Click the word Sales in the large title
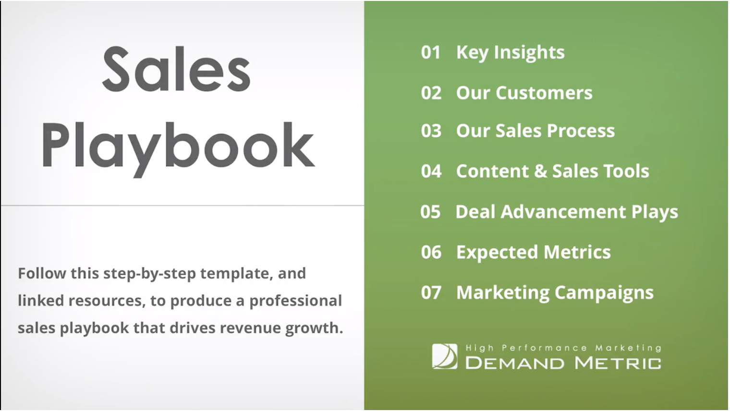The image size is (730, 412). (x=176, y=69)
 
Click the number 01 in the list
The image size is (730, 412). (x=430, y=52)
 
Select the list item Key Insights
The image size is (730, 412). (x=511, y=53)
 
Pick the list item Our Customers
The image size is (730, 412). (x=524, y=93)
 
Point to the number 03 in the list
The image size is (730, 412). (x=431, y=131)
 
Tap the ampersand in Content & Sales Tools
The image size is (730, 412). (x=541, y=171)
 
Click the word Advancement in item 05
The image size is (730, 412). (x=563, y=212)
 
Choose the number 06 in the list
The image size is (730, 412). (x=431, y=252)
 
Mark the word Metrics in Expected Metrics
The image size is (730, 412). (x=577, y=252)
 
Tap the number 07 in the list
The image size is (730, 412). (x=431, y=292)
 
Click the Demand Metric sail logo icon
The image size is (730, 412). (x=445, y=356)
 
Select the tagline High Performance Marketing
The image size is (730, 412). (x=563, y=348)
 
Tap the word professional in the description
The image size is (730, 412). (x=295, y=301)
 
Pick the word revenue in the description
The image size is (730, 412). (x=250, y=328)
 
